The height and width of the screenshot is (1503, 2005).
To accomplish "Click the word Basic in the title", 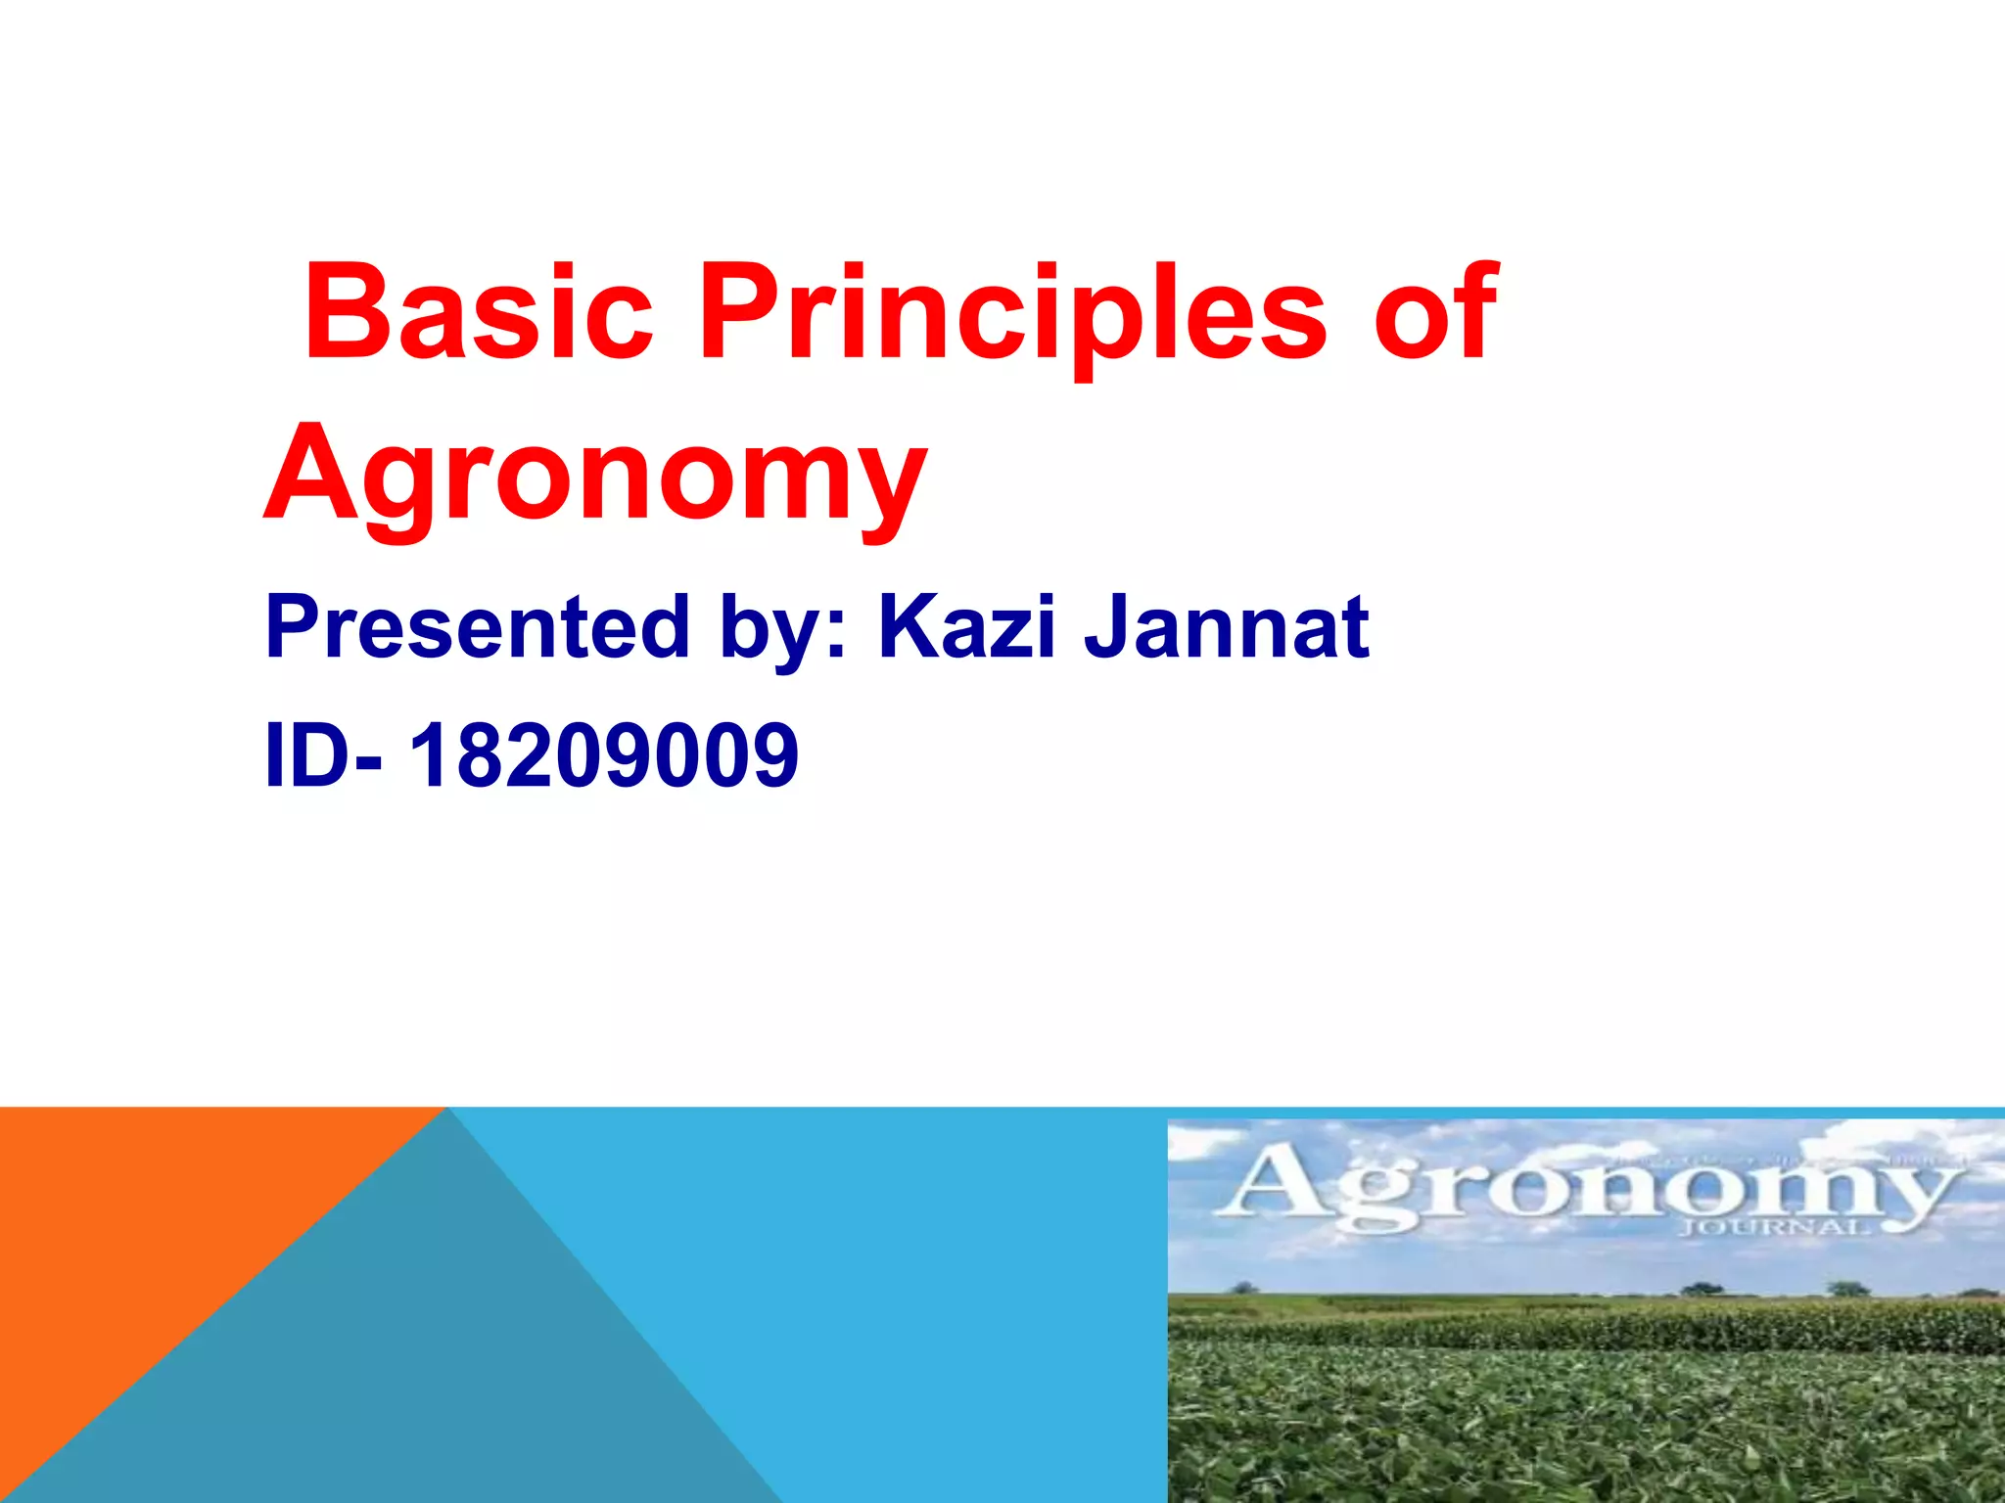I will pyautogui.click(x=479, y=311).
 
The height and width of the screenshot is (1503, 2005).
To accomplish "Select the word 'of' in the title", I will pyautogui.click(x=1434, y=311).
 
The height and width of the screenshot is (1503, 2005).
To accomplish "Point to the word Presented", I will pyautogui.click(x=478, y=628).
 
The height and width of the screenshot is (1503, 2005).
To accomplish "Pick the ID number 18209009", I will pyautogui.click(x=604, y=755).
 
